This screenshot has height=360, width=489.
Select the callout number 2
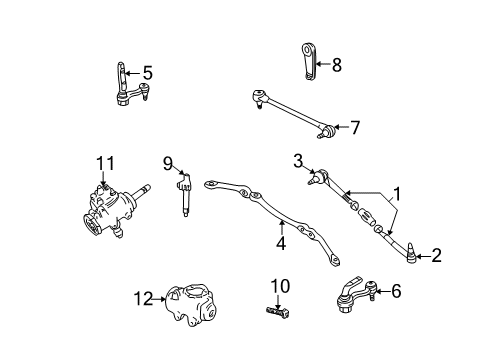(x=436, y=256)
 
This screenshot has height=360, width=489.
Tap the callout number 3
(x=298, y=160)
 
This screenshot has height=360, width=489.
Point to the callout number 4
(x=281, y=239)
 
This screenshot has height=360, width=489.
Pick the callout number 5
(x=146, y=72)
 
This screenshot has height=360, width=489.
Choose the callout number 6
(x=423, y=291)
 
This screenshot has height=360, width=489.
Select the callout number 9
(x=168, y=163)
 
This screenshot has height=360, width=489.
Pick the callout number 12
(x=146, y=297)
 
